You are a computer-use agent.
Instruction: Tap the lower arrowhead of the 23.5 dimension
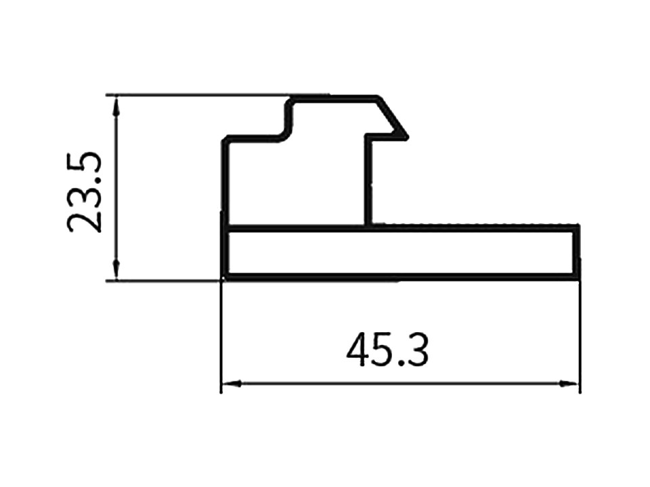click(117, 271)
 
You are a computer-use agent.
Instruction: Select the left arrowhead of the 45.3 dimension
click(231, 384)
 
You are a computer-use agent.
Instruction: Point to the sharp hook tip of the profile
click(407, 137)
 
